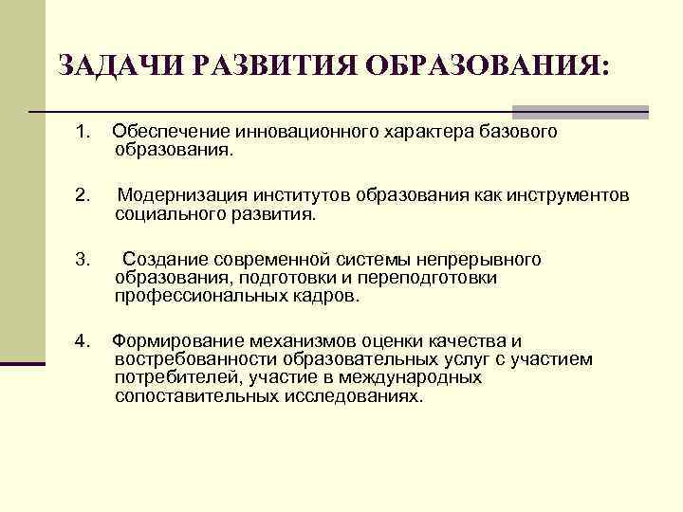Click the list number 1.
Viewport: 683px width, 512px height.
(x=83, y=131)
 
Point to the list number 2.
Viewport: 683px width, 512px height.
(x=83, y=195)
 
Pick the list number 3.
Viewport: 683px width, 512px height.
(x=83, y=259)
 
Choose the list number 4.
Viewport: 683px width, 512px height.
(x=83, y=340)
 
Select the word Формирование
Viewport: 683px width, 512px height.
(x=171, y=340)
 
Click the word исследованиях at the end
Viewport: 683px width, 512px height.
(x=353, y=395)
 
